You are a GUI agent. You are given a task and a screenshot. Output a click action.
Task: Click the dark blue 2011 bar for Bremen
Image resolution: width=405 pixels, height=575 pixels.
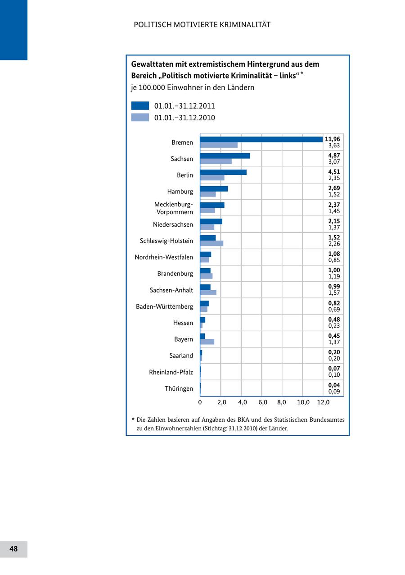click(261, 139)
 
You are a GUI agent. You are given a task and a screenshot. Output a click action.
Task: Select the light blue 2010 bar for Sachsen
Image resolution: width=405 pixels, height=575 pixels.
click(216, 161)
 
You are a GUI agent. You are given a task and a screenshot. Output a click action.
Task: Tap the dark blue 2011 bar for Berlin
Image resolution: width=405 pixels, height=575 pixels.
click(223, 172)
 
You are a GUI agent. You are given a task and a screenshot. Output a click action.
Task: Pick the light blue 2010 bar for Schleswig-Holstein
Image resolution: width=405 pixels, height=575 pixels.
click(211, 243)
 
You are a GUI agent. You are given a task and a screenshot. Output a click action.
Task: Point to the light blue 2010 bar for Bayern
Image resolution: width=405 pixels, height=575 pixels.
click(207, 342)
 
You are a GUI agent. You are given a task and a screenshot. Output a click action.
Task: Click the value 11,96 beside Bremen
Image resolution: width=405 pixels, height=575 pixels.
click(333, 139)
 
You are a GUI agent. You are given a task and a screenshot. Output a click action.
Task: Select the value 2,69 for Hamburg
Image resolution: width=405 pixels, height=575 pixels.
click(334, 188)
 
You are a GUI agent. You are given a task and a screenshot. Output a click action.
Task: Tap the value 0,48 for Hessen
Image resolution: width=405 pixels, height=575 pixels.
click(334, 319)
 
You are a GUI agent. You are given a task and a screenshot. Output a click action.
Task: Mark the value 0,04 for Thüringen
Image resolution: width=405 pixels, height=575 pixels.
click(334, 385)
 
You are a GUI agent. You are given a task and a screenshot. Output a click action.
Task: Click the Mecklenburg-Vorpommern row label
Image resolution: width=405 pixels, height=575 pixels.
click(174, 208)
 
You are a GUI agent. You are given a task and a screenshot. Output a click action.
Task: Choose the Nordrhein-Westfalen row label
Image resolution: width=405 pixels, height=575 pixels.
click(164, 257)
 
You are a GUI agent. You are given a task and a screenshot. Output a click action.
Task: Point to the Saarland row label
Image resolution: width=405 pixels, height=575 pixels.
click(181, 356)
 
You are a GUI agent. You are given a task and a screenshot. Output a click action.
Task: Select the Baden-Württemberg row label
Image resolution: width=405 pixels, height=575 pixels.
click(164, 306)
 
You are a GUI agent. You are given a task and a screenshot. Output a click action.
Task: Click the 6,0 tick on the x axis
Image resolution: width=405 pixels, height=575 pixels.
click(263, 402)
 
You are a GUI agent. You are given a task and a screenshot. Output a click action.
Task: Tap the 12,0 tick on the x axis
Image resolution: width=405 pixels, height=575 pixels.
click(323, 402)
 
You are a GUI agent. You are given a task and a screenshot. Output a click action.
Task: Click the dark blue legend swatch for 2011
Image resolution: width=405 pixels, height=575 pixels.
click(140, 106)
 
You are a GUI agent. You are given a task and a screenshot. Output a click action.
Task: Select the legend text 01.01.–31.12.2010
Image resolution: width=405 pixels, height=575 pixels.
click(184, 118)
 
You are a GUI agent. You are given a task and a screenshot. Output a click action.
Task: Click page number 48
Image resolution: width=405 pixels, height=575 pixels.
click(13, 549)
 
